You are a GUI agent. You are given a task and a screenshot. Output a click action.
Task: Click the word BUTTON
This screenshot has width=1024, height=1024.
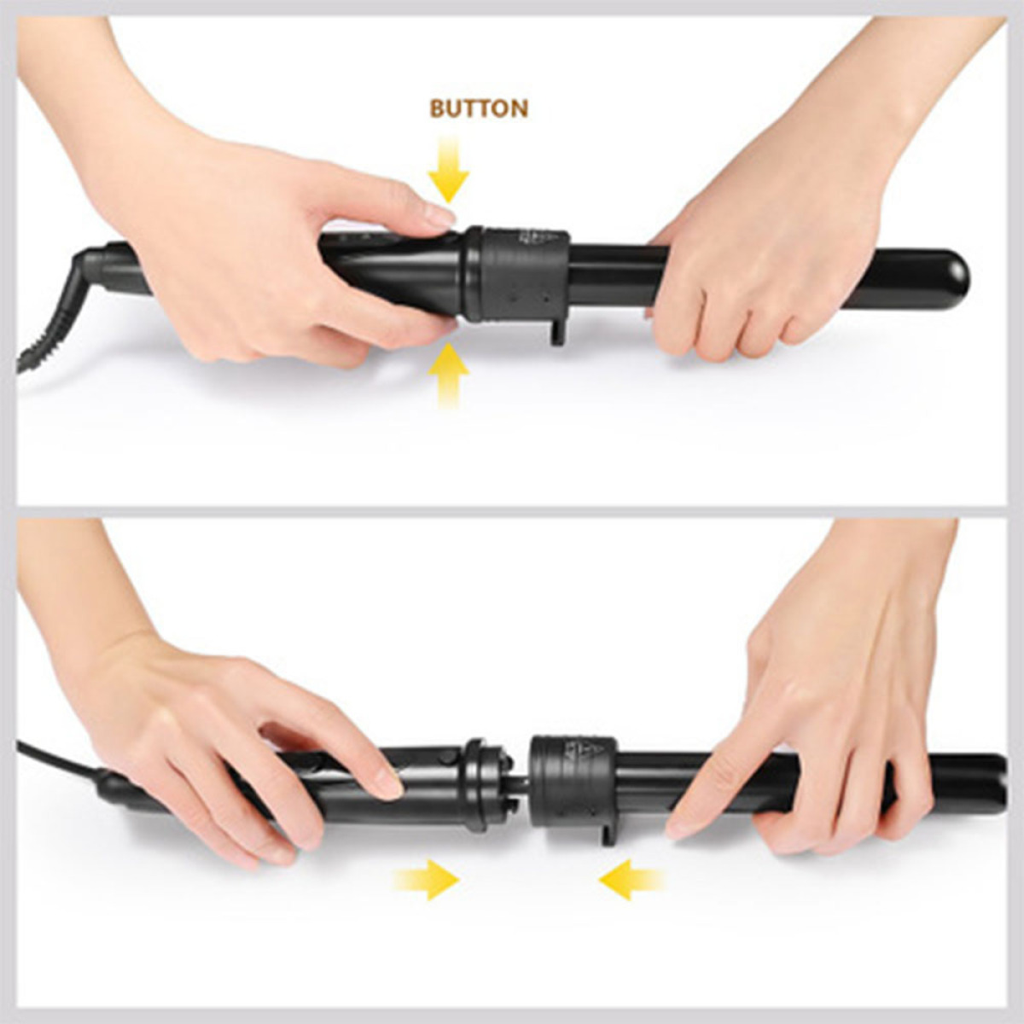(479, 108)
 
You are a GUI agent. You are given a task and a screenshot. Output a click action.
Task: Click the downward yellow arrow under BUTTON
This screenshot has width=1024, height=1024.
(449, 168)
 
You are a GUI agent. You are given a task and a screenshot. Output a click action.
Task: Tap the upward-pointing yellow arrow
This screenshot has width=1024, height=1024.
(449, 375)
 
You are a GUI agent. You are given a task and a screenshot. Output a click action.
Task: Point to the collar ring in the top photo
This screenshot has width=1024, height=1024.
(515, 276)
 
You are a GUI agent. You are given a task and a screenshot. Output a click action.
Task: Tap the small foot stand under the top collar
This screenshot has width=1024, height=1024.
(557, 332)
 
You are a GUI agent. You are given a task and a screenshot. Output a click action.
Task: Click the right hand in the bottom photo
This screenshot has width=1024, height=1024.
(829, 744)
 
